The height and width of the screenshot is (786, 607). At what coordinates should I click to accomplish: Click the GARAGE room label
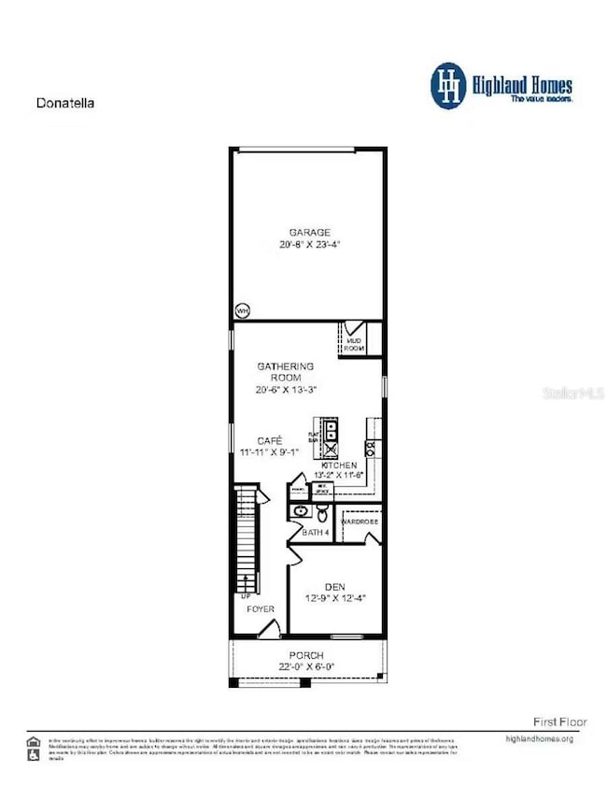click(x=307, y=232)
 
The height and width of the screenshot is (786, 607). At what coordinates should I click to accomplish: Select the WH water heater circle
click(x=243, y=310)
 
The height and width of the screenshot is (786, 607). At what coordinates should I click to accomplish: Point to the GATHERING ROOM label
click(x=288, y=372)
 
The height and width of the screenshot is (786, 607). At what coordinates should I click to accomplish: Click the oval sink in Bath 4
click(x=301, y=511)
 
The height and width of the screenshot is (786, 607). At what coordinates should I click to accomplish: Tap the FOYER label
click(x=261, y=608)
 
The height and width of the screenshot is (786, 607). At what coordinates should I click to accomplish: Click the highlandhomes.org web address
click(x=537, y=739)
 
